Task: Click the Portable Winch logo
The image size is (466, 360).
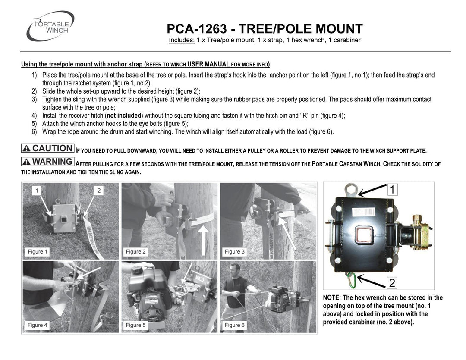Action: tap(50, 26)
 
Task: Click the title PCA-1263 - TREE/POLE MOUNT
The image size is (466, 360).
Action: tap(264, 29)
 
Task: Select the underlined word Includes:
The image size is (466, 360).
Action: tap(182, 40)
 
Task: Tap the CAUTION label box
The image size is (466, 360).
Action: tap(48, 148)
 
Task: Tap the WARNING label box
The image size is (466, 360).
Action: tap(48, 162)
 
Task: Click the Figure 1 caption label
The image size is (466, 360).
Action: tap(38, 252)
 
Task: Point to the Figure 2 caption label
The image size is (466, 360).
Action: tap(135, 252)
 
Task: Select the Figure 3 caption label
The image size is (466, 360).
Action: tap(235, 252)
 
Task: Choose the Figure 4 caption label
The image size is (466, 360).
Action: tap(38, 325)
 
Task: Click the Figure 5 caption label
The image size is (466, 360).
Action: tap(135, 325)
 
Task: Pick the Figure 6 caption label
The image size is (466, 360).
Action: tap(235, 325)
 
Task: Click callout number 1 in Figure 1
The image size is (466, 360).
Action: tap(38, 190)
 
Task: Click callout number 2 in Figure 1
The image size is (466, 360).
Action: tap(99, 190)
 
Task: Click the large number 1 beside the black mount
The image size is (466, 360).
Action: tap(392, 189)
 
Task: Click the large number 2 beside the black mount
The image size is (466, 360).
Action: tap(392, 283)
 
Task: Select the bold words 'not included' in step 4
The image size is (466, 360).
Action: tap(124, 116)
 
